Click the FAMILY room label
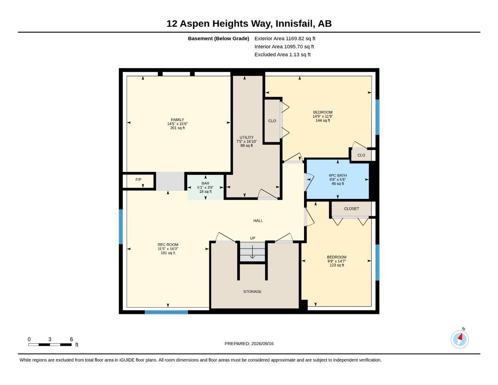point(177,120)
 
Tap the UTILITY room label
point(247,137)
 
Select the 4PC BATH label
point(338,175)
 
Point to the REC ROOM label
point(168,244)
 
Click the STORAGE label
point(252,291)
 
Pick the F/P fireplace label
point(138,180)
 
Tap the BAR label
point(205,183)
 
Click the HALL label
point(258,221)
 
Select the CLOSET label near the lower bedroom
point(351,209)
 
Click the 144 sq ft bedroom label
point(323,112)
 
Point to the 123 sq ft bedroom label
point(337,257)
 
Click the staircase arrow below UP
point(252,252)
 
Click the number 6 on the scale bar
point(71,339)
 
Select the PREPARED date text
point(249,344)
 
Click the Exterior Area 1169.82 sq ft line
point(285,38)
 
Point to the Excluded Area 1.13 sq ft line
point(283,55)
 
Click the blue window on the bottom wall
point(167,312)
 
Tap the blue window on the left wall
point(121,227)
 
